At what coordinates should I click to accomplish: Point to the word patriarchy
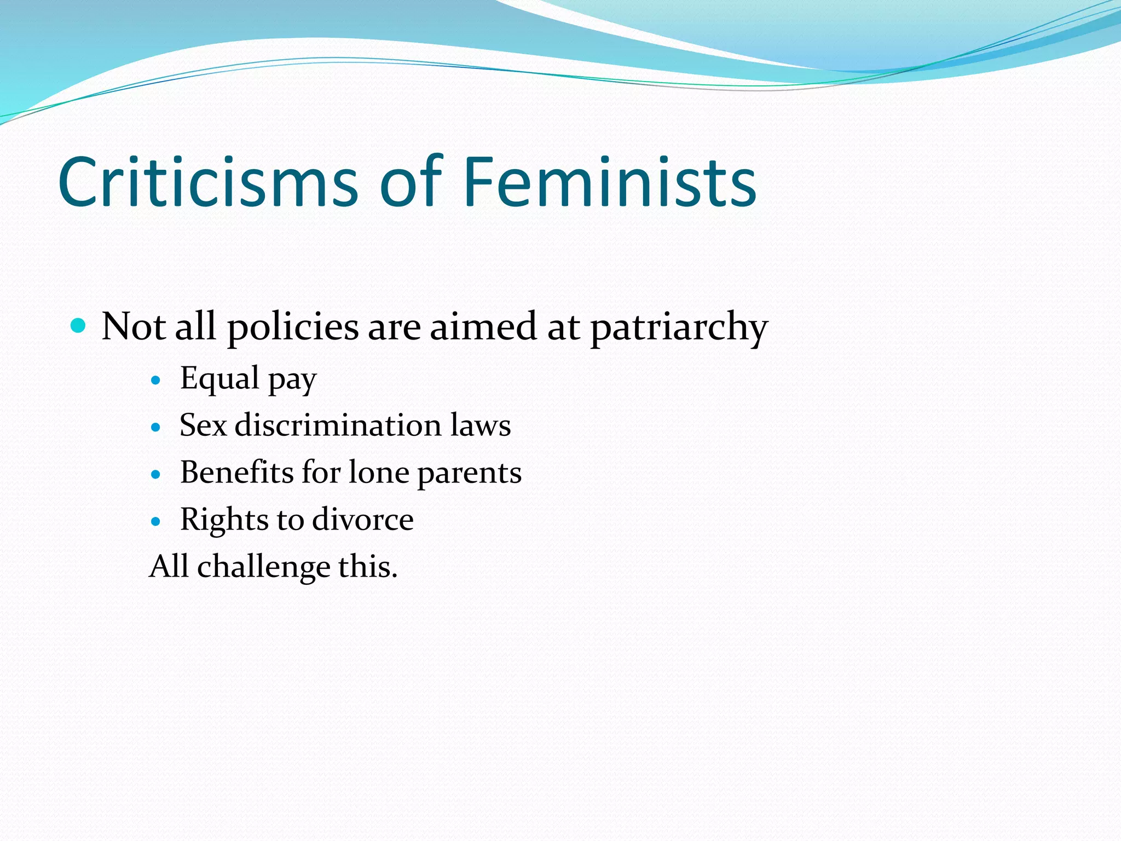679,327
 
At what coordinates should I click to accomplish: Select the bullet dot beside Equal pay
156,380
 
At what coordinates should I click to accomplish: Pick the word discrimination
338,425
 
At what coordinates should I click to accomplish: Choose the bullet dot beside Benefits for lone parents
156,474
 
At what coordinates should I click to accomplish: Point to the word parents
469,474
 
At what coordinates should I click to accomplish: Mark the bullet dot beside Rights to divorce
156,521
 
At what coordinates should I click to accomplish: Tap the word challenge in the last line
263,567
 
